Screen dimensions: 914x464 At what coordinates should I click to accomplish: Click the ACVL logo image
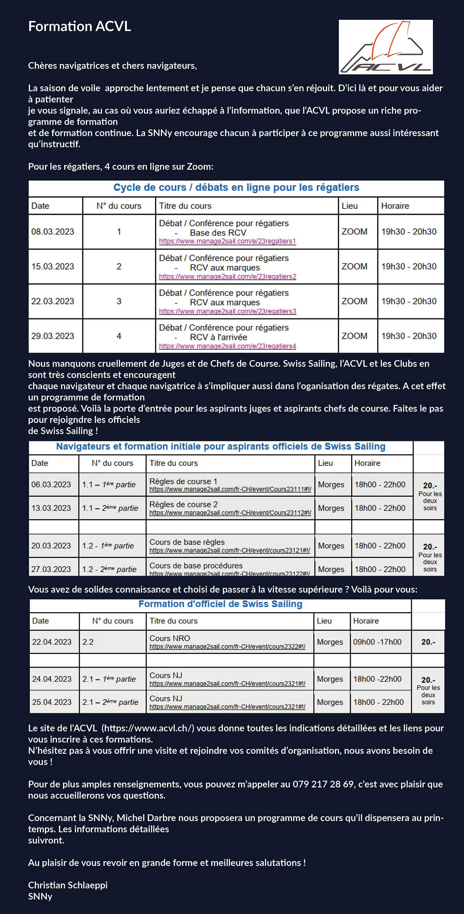click(x=385, y=47)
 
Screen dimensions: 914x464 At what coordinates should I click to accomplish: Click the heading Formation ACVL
click(x=79, y=26)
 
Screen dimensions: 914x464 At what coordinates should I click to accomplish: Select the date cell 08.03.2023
click(x=53, y=232)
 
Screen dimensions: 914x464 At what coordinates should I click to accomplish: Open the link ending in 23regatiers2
click(x=227, y=277)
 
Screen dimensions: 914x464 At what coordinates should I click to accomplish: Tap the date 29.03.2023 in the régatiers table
click(x=53, y=336)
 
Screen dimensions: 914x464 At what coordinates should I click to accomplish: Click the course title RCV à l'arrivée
click(x=218, y=337)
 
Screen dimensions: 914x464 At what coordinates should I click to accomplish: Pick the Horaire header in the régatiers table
click(x=395, y=206)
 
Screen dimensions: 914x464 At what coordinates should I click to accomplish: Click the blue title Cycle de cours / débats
click(x=236, y=188)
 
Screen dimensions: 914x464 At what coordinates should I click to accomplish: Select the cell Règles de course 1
click(x=183, y=481)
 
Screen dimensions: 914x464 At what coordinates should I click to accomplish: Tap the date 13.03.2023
click(x=51, y=508)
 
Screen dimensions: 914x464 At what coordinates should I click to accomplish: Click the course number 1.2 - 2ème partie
click(x=109, y=569)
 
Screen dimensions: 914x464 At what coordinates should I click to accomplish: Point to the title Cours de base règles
click(x=187, y=542)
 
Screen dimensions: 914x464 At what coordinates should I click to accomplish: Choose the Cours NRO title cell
click(x=170, y=638)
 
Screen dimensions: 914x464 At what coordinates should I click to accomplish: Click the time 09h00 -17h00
click(x=377, y=642)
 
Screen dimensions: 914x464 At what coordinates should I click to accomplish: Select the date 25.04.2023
click(x=52, y=702)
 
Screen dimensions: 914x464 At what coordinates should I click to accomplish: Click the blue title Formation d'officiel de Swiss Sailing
click(x=220, y=604)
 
